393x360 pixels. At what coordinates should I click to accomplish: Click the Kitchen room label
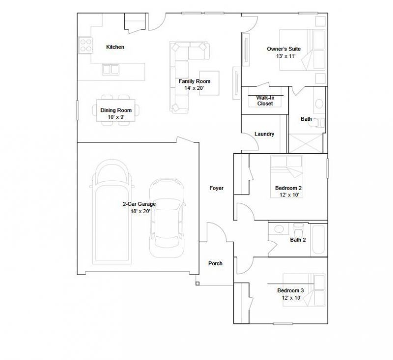click(115, 47)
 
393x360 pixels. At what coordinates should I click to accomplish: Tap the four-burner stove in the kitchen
click(85, 45)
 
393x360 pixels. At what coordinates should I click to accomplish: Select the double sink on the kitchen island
click(111, 69)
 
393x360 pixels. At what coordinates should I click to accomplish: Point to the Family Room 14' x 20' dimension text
click(194, 88)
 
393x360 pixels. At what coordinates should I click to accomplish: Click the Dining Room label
click(116, 110)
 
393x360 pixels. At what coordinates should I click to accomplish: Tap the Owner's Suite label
click(284, 49)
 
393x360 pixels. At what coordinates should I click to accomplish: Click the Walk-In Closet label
click(265, 101)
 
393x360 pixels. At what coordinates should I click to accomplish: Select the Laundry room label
click(264, 134)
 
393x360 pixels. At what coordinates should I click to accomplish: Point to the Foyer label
click(216, 188)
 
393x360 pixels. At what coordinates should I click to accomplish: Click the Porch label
click(215, 263)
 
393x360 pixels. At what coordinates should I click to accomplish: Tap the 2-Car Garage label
click(139, 204)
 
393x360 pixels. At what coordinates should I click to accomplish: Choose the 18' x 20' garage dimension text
click(140, 212)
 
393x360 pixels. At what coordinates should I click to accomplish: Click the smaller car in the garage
click(167, 218)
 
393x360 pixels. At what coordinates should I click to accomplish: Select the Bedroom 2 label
click(288, 188)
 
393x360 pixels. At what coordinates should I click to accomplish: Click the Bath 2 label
click(298, 240)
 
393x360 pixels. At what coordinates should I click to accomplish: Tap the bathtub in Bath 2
click(318, 240)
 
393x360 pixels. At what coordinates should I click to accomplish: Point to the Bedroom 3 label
click(290, 291)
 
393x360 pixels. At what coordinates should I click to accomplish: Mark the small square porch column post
click(197, 283)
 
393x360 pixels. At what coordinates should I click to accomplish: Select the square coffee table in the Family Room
click(209, 83)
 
